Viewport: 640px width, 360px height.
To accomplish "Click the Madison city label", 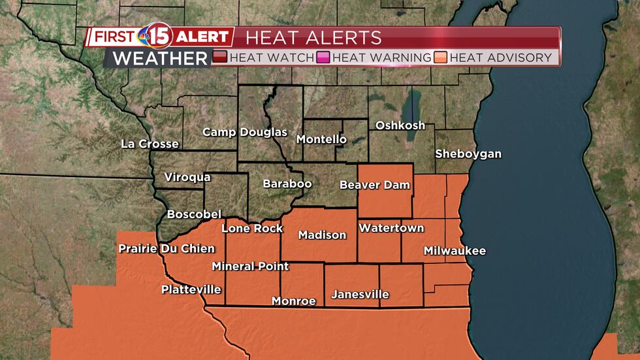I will pos(322,235).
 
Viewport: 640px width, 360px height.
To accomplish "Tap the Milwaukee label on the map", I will pos(455,251).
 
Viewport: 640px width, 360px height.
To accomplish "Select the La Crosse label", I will pos(150,144).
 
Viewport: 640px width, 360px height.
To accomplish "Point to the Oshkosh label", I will pos(400,125).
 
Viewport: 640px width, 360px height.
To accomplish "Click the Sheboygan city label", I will pos(468,154).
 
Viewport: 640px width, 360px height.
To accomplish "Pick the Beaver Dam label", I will pos(374,185).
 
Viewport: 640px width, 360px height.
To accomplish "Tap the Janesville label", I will pos(360,295).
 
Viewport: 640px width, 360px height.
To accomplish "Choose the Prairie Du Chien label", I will pos(166,249).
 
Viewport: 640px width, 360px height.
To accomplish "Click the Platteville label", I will pos(191,289).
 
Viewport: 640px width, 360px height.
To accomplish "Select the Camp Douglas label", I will pos(245,132).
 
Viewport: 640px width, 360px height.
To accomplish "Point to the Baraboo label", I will pos(287,184).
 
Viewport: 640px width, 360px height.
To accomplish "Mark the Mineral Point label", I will pos(250,267).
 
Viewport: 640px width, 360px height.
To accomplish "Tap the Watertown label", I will pos(391,228).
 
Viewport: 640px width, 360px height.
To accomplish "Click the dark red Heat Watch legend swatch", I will pos(220,57).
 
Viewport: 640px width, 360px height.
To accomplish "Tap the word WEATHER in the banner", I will pos(160,58).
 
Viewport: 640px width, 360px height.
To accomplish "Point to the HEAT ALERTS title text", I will pos(313,37).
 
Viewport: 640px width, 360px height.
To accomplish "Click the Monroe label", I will pos(294,301).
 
